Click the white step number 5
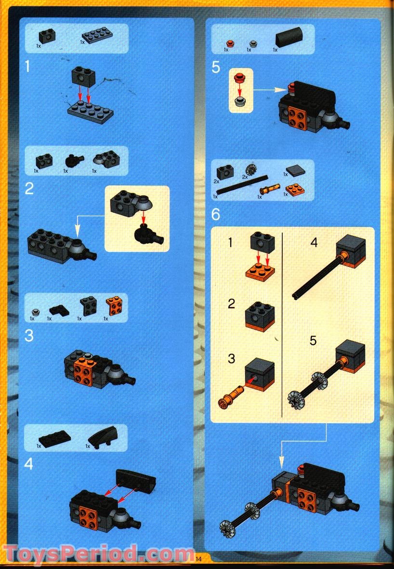click(216, 68)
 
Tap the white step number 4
click(29, 464)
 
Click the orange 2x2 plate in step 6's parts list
click(293, 188)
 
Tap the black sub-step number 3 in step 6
click(232, 359)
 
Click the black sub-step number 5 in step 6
click(313, 341)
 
